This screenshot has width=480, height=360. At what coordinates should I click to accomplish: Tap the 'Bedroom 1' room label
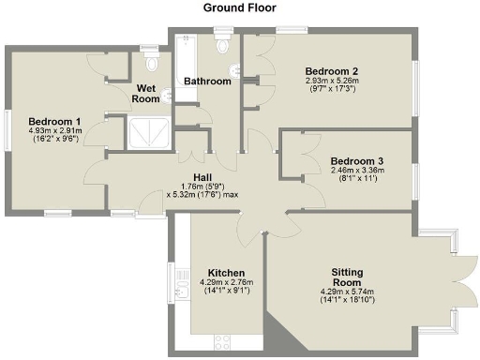[x=54, y=121]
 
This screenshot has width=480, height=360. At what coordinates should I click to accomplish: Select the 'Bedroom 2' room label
[x=333, y=71]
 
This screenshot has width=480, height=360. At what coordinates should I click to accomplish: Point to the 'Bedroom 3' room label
[x=356, y=160]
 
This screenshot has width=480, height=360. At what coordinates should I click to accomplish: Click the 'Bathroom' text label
[x=207, y=82]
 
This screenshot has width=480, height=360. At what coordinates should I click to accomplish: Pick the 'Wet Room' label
[x=145, y=93]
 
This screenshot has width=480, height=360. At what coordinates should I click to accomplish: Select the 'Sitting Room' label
[x=353, y=277]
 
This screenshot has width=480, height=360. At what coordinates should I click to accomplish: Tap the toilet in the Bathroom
[x=222, y=47]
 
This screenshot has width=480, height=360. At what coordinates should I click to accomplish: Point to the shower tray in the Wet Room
[x=148, y=132]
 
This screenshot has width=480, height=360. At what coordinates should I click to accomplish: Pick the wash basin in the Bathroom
[x=233, y=70]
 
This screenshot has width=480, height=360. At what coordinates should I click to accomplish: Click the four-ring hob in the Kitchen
[x=224, y=341]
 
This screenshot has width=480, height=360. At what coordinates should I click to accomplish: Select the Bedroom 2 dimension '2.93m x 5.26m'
[x=333, y=82]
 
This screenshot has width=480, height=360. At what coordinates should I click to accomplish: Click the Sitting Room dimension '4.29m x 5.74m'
[x=353, y=291]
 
